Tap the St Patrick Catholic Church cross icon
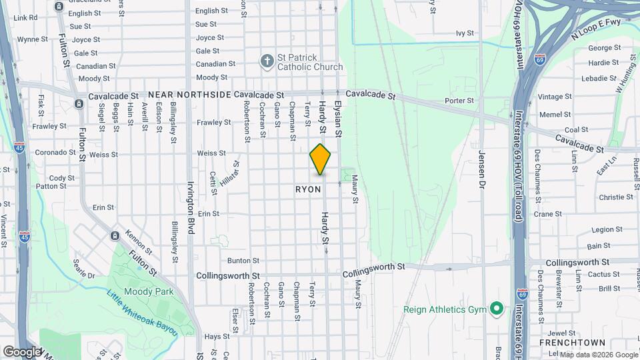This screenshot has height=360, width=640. (267, 61)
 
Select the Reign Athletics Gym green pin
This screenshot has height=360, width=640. (496, 309)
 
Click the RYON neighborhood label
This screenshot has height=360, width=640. (308, 190)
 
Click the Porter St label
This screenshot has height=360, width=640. (459, 101)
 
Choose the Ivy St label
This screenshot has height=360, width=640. (464, 33)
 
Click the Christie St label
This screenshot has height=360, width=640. (615, 197)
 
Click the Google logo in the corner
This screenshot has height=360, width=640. (22, 351)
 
